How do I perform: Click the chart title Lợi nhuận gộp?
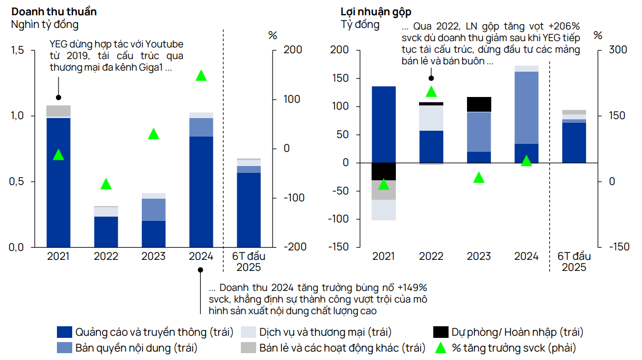(x=376, y=12)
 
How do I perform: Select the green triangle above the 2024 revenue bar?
(x=201, y=75)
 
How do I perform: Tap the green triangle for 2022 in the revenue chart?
(x=106, y=184)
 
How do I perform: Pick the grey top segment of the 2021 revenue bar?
(x=59, y=111)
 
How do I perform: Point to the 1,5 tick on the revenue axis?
(x=17, y=50)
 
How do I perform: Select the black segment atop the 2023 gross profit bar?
(x=479, y=104)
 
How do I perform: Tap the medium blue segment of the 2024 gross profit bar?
(x=526, y=108)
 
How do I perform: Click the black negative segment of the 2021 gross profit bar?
(x=384, y=171)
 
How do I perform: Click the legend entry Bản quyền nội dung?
(x=136, y=348)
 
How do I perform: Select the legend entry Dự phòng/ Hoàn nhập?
(x=517, y=332)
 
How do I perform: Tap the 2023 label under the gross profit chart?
(x=479, y=256)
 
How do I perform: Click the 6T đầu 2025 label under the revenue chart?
(x=248, y=261)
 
